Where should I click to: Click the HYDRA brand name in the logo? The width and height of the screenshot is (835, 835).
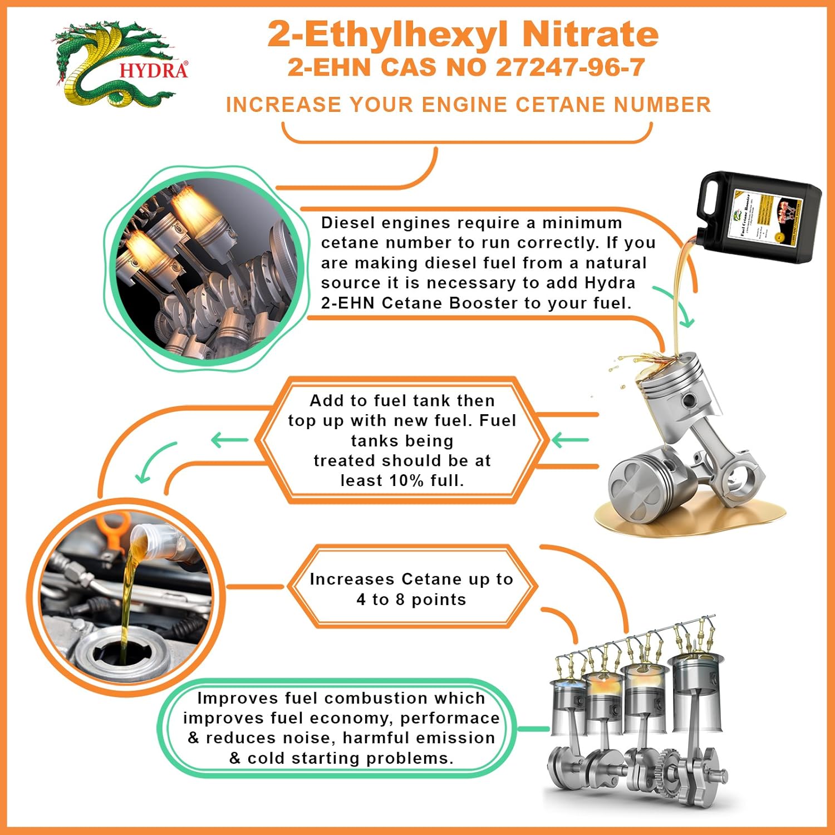pos(153,71)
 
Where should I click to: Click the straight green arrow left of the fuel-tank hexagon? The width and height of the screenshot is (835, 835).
pos(229,440)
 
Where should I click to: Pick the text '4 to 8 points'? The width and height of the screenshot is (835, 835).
pos(411,600)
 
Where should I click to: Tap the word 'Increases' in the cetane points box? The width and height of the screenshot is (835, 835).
pos(352,579)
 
